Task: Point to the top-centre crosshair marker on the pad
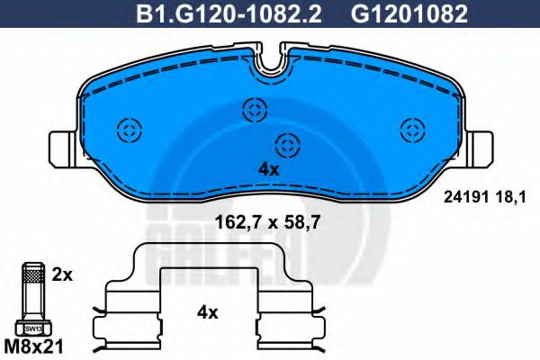[254, 111]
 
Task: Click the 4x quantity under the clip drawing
[208, 313]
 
